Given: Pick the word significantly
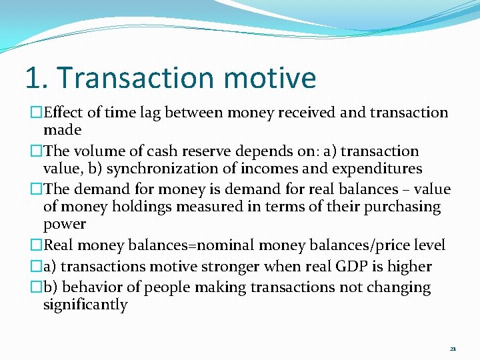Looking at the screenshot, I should pyautogui.click(x=85, y=305).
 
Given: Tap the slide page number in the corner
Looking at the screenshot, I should pyautogui.click(x=453, y=348).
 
